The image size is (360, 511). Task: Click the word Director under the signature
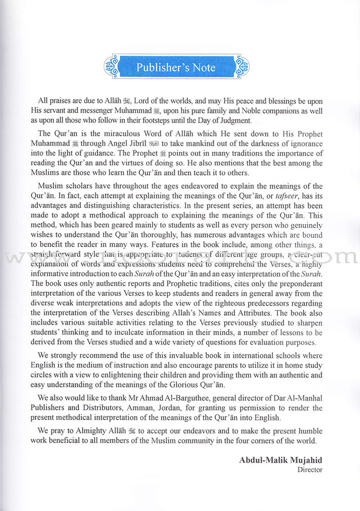pyautogui.click(x=310, y=470)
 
